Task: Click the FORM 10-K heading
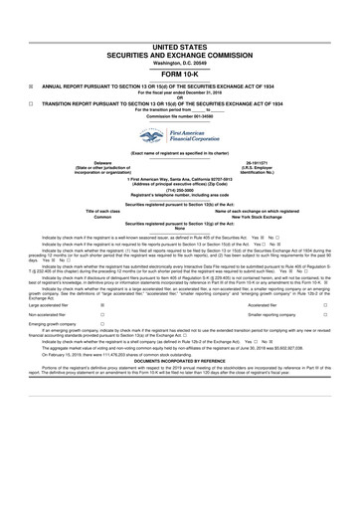[x=180, y=73]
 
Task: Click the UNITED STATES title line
[x=180, y=47]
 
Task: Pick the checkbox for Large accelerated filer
[x=101, y=307]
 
